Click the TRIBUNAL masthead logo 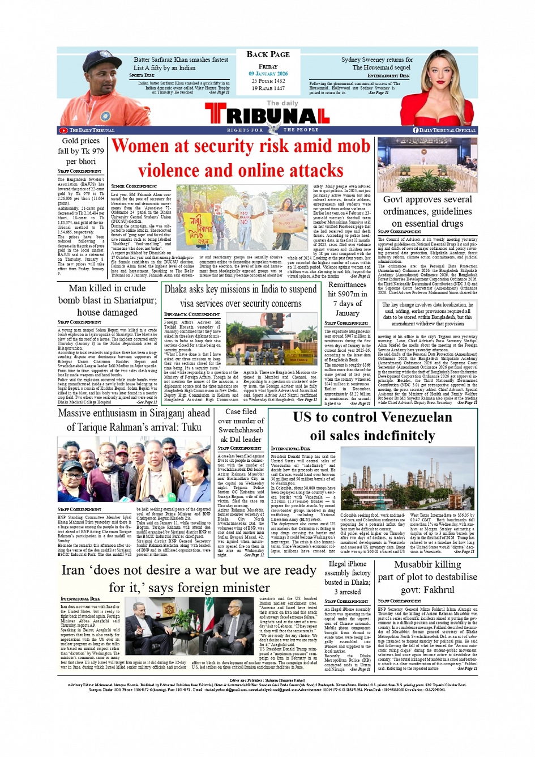click(267, 114)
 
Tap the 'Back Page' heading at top click(268, 54)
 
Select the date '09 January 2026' click(268, 74)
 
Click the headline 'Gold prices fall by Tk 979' click(81, 151)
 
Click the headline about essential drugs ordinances click(427, 211)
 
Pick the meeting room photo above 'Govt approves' click(427, 165)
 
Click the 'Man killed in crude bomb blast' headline click(107, 300)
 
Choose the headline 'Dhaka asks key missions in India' click(233, 296)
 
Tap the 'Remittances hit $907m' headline click(347, 299)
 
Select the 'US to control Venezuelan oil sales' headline click(373, 426)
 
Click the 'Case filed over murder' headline click(241, 425)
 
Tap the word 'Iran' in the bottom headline click(73, 571)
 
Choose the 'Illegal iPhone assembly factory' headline click(347, 577)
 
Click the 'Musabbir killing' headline click(427, 577)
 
